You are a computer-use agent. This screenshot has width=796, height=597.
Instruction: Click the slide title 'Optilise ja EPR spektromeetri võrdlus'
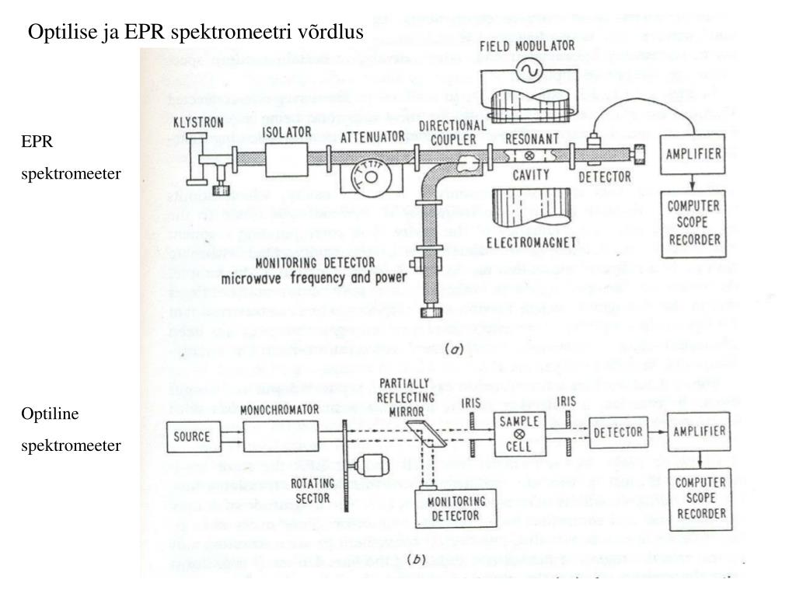click(x=196, y=32)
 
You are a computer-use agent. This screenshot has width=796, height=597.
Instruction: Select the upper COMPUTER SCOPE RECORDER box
click(x=693, y=224)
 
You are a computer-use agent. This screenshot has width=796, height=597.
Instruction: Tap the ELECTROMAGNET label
click(x=532, y=243)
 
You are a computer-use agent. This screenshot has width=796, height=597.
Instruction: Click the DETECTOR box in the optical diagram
click(x=616, y=431)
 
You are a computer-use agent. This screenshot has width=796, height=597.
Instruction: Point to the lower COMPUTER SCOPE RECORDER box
click(x=700, y=498)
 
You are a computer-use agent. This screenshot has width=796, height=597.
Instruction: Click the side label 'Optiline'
click(x=50, y=413)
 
